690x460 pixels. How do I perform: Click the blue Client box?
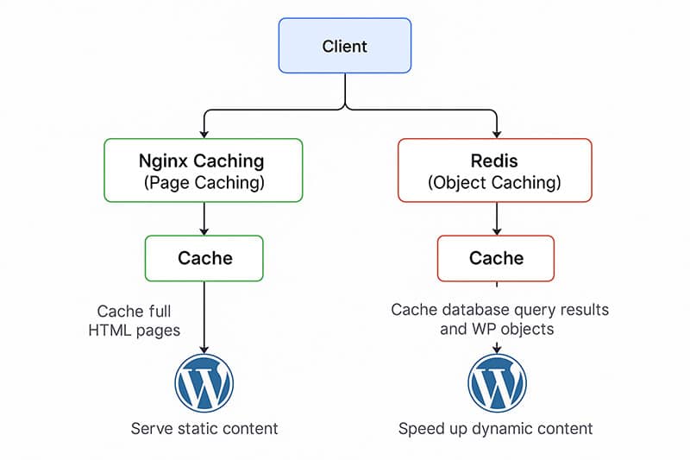click(x=345, y=46)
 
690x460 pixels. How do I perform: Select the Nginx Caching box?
click(x=204, y=170)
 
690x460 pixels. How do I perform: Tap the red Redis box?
click(x=494, y=170)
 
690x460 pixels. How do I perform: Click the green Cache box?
click(x=204, y=258)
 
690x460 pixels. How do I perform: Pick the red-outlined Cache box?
click(x=496, y=258)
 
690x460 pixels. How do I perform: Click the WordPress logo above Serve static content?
click(x=204, y=381)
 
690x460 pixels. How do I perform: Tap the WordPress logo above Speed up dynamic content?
click(x=497, y=381)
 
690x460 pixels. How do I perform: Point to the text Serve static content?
click(x=204, y=428)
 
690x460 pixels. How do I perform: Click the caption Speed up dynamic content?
click(x=496, y=428)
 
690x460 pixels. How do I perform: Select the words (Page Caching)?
click(x=204, y=183)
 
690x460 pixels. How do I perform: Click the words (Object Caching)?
click(x=494, y=183)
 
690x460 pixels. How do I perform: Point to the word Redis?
click(x=494, y=160)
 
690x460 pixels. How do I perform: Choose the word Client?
click(x=345, y=46)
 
